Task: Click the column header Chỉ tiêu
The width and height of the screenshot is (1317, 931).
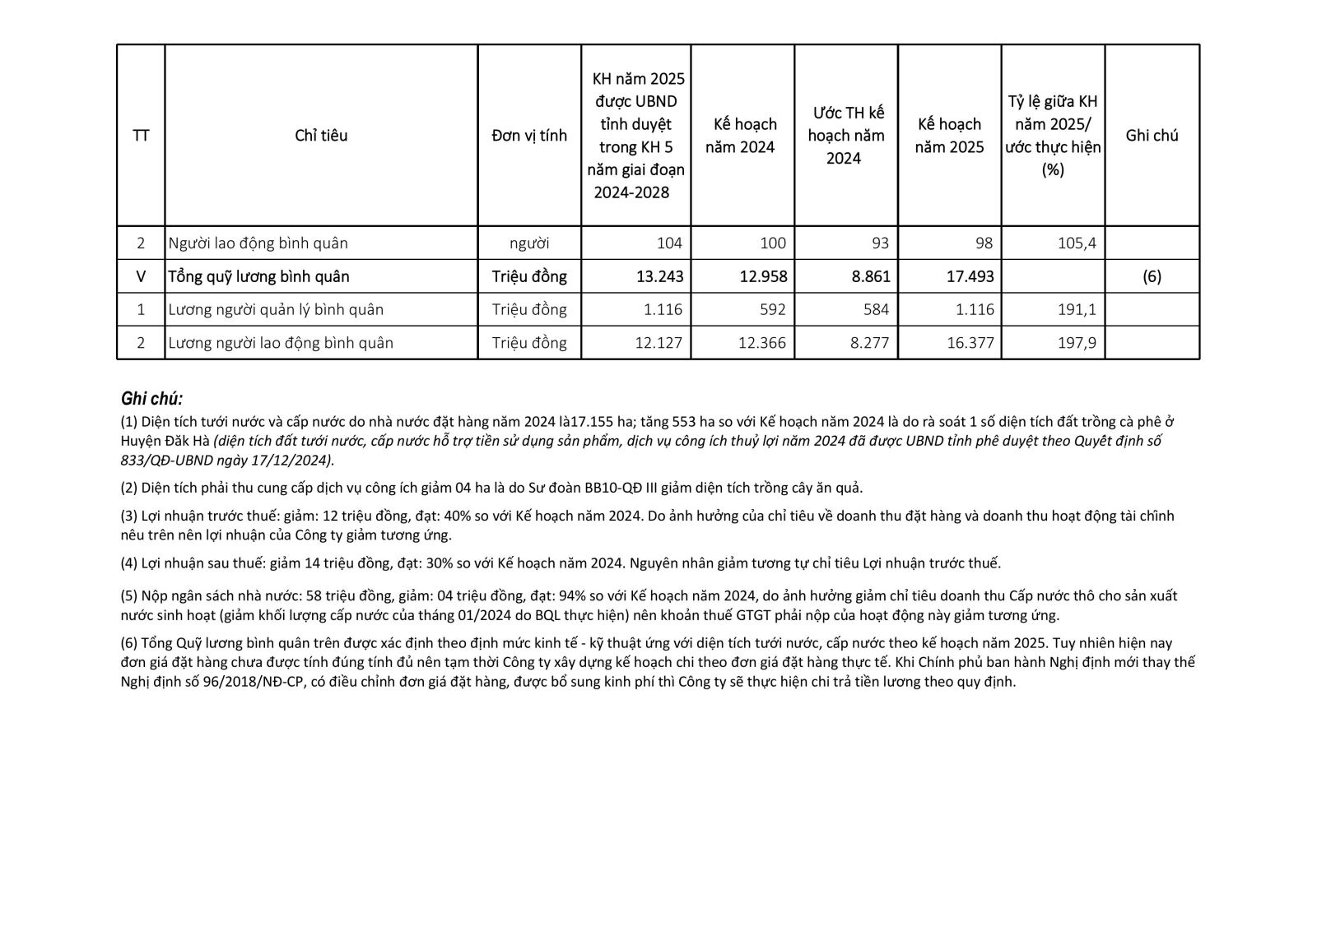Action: click(x=321, y=136)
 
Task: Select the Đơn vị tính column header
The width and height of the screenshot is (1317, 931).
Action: click(x=529, y=136)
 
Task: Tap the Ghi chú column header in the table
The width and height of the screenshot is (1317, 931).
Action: click(x=1152, y=136)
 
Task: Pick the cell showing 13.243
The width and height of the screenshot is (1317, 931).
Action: click(x=659, y=276)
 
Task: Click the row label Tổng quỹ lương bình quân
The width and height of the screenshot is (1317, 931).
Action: click(x=258, y=276)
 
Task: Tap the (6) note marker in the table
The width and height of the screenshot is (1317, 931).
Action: click(x=1152, y=276)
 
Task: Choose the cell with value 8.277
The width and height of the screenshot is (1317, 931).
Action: click(x=869, y=343)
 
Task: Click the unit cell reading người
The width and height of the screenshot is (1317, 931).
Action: click(x=529, y=243)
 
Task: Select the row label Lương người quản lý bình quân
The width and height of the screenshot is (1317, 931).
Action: click(x=276, y=310)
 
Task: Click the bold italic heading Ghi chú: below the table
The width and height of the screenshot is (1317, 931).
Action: click(x=151, y=399)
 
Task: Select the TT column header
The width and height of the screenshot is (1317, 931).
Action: click(x=141, y=136)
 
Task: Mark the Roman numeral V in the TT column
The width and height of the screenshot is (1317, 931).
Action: click(x=141, y=276)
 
